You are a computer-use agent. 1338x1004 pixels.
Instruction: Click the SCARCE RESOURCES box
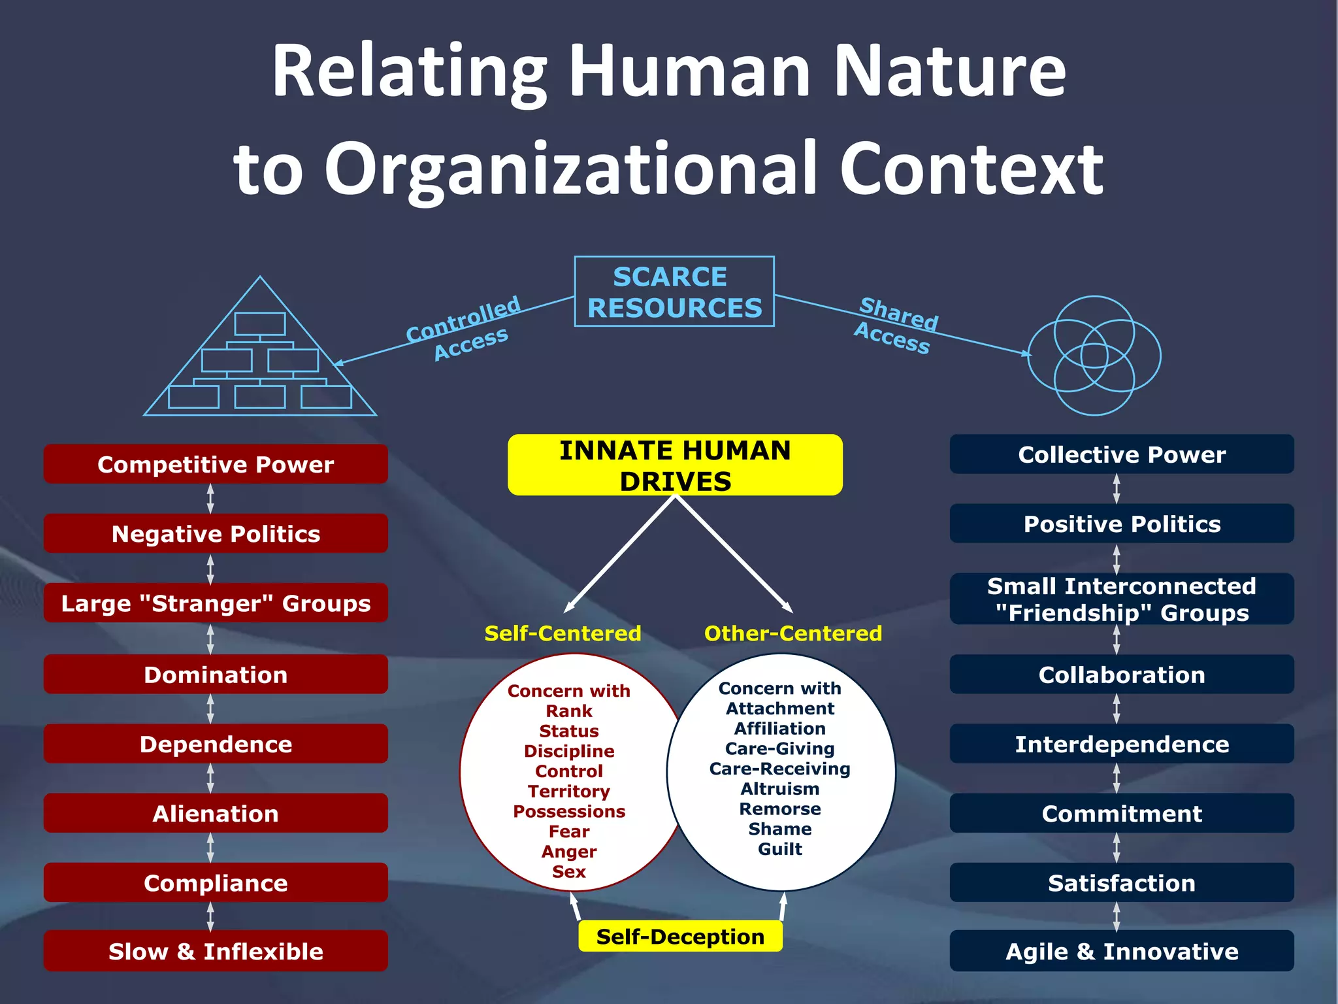point(674,292)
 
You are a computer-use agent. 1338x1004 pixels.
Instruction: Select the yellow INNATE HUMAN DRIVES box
point(675,465)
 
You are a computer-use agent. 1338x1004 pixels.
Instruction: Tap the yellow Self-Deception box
point(680,936)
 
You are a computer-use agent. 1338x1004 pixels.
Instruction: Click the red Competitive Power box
point(216,464)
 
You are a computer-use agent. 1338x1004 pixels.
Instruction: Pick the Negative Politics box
point(216,533)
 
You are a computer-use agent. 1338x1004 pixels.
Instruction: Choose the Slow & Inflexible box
point(216,951)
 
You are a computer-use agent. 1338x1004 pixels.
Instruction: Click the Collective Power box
point(1122,454)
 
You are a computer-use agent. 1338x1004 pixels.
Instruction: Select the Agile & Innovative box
point(1122,951)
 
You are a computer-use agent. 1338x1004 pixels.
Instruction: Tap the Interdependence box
point(1122,744)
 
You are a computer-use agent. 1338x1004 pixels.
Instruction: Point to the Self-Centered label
point(563,633)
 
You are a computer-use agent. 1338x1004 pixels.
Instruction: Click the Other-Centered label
point(793,633)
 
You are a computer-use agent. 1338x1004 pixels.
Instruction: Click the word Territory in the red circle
point(568,791)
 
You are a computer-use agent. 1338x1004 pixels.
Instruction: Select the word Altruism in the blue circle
point(779,788)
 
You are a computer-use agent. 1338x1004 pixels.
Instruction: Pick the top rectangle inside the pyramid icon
point(260,324)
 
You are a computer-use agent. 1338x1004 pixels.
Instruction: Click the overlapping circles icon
point(1094,356)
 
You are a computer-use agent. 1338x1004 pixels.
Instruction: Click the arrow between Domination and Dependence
point(210,709)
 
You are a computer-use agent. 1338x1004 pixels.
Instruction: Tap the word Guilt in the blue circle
point(779,848)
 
